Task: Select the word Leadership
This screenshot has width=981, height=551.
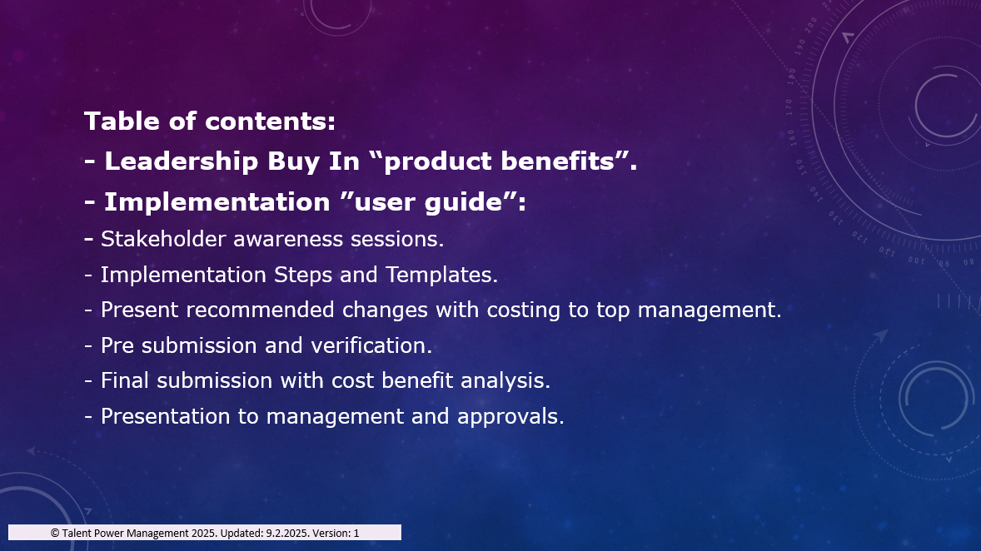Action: [181, 161]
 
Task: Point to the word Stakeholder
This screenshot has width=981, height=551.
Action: [162, 239]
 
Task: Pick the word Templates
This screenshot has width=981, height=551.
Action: [441, 275]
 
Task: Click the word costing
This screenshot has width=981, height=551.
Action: [523, 310]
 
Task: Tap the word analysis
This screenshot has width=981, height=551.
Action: [505, 380]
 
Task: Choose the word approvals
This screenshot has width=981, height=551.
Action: [510, 416]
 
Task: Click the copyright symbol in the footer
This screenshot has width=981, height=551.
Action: [55, 533]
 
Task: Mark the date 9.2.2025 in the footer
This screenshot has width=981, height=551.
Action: [287, 533]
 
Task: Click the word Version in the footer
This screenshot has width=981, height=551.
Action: [331, 533]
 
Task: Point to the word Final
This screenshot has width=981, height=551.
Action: [125, 380]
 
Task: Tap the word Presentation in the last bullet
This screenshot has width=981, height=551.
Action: [165, 416]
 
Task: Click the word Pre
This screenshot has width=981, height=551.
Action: [117, 345]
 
